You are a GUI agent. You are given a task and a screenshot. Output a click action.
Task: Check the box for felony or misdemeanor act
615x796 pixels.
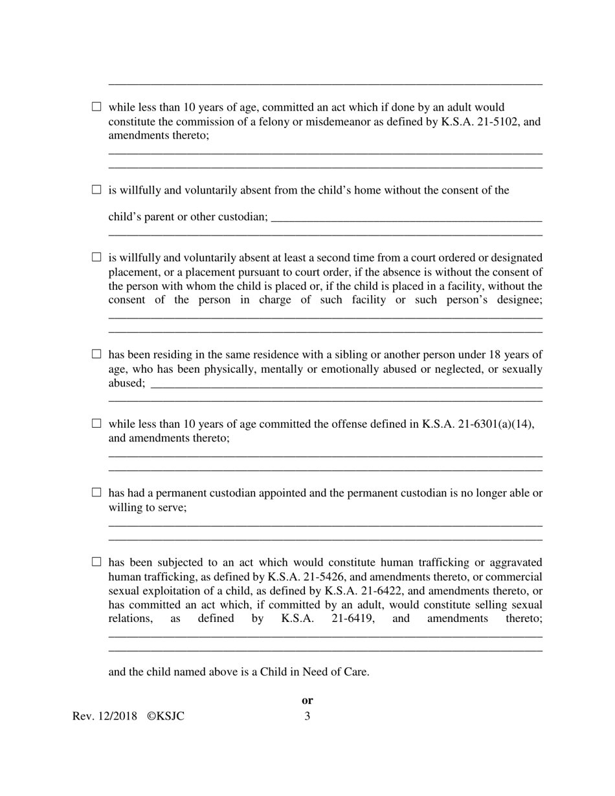(x=96, y=107)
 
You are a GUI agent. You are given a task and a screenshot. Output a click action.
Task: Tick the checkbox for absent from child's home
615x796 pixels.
(x=96, y=190)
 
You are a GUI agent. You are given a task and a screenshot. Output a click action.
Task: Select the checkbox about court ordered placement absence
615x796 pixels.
(x=96, y=257)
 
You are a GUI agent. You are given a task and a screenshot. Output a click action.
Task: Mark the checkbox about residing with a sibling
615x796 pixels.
(x=96, y=354)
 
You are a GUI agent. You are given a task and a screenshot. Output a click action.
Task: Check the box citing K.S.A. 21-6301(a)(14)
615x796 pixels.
(x=96, y=424)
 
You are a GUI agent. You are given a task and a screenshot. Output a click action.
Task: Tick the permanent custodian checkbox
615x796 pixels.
(x=96, y=492)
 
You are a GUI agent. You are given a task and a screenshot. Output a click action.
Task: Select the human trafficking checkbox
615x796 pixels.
(x=96, y=562)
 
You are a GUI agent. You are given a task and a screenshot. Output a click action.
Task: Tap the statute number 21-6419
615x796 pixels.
(x=355, y=619)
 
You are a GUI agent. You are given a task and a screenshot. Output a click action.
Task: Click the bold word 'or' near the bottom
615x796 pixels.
(x=307, y=700)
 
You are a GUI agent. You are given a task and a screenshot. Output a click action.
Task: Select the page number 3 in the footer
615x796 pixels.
(x=307, y=716)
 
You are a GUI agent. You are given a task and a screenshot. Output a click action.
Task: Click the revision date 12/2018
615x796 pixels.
(x=117, y=716)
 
